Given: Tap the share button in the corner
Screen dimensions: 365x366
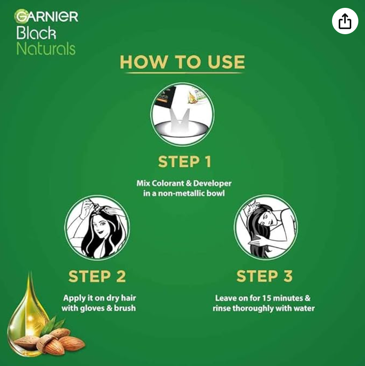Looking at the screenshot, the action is tap(345, 21).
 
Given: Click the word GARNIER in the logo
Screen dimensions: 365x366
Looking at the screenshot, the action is tap(47, 16).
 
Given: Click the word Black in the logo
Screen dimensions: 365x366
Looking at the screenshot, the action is tap(36, 33).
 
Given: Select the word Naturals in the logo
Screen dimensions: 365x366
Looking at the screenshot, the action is tap(46, 49).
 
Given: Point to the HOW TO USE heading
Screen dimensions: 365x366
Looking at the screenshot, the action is tap(182, 62).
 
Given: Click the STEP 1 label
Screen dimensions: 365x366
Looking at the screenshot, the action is tap(185, 161).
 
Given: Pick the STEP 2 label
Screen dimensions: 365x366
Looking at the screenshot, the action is tap(97, 276).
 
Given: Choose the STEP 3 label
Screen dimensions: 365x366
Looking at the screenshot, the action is tap(265, 276).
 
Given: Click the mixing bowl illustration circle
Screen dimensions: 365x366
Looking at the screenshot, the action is tap(182, 114).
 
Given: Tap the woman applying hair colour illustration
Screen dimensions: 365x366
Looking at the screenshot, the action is tap(97, 227).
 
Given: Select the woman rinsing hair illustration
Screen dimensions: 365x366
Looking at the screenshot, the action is tap(266, 227).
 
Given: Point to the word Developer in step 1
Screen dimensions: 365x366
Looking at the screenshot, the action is tap(212, 184).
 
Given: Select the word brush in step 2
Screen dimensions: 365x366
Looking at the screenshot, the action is tap(125, 308).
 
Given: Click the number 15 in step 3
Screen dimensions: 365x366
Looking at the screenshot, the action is tap(266, 298).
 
